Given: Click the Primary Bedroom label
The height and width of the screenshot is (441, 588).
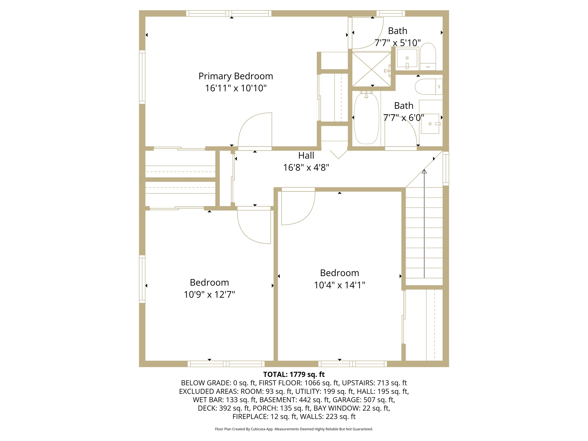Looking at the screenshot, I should pyautogui.click(x=235, y=76).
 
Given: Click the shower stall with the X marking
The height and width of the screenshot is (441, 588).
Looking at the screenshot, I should pyautogui.click(x=372, y=69).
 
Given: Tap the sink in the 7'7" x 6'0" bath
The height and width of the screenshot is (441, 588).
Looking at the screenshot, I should pyautogui.click(x=430, y=124).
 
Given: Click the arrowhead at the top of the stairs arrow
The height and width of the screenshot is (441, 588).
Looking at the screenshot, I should pyautogui.click(x=424, y=171).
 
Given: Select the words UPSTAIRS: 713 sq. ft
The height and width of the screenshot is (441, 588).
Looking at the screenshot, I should pyautogui.click(x=374, y=383).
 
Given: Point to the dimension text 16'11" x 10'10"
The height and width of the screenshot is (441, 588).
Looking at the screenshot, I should pyautogui.click(x=235, y=88).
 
